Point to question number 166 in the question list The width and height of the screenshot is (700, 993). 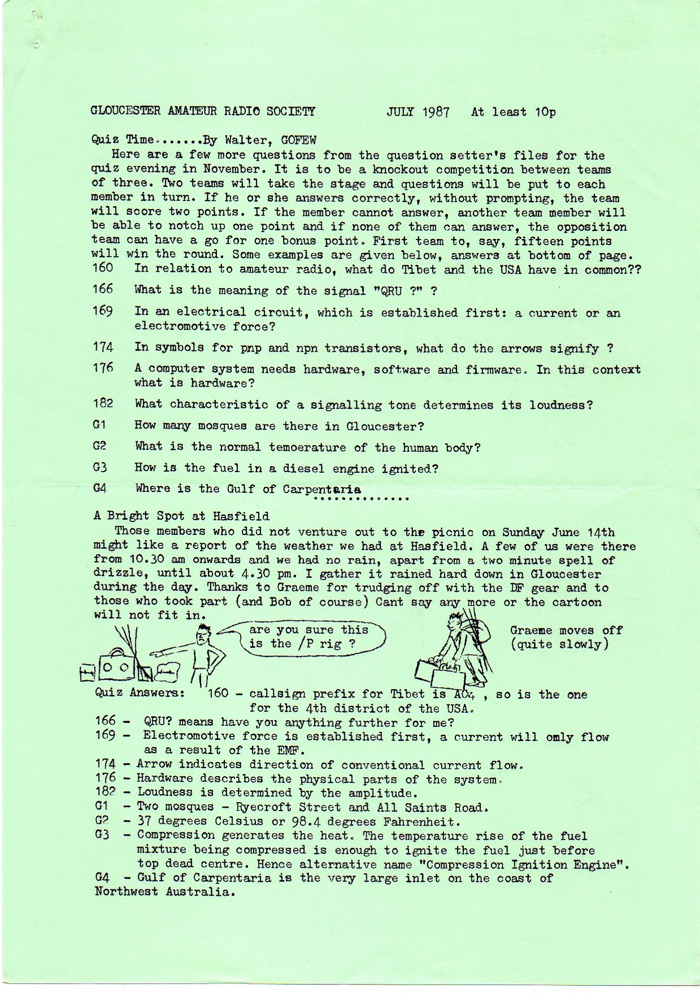click(103, 289)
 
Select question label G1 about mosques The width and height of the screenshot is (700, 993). click(99, 425)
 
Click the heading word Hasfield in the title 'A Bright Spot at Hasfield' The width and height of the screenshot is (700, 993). click(244, 516)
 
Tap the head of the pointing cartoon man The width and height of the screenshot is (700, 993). click(204, 638)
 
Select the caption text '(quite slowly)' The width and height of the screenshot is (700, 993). click(560, 645)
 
